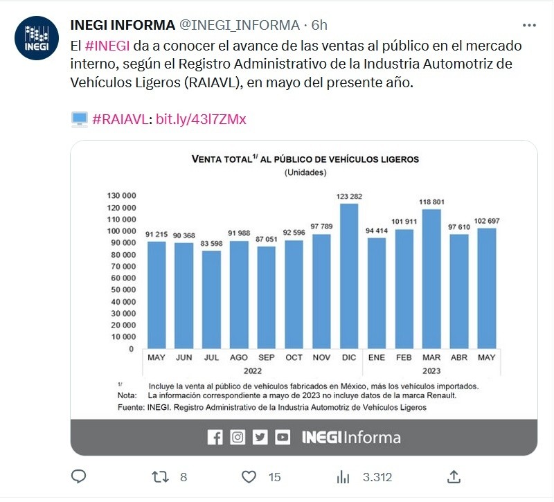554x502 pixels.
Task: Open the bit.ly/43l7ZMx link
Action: coord(201,119)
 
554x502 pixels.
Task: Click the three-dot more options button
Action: coord(529,26)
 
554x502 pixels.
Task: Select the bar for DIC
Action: coord(349,276)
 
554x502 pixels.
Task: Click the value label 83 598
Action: coord(211,244)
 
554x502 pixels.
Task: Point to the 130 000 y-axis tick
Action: coord(120,196)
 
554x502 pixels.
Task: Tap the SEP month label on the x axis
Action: coord(266,357)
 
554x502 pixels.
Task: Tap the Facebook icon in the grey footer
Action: coord(215,437)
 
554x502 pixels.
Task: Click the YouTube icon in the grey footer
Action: coord(282,437)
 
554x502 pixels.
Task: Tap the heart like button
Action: coord(249,476)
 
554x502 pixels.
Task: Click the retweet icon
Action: coord(159,476)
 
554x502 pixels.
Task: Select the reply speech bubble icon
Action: coord(79,476)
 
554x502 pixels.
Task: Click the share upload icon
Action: coord(454,476)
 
